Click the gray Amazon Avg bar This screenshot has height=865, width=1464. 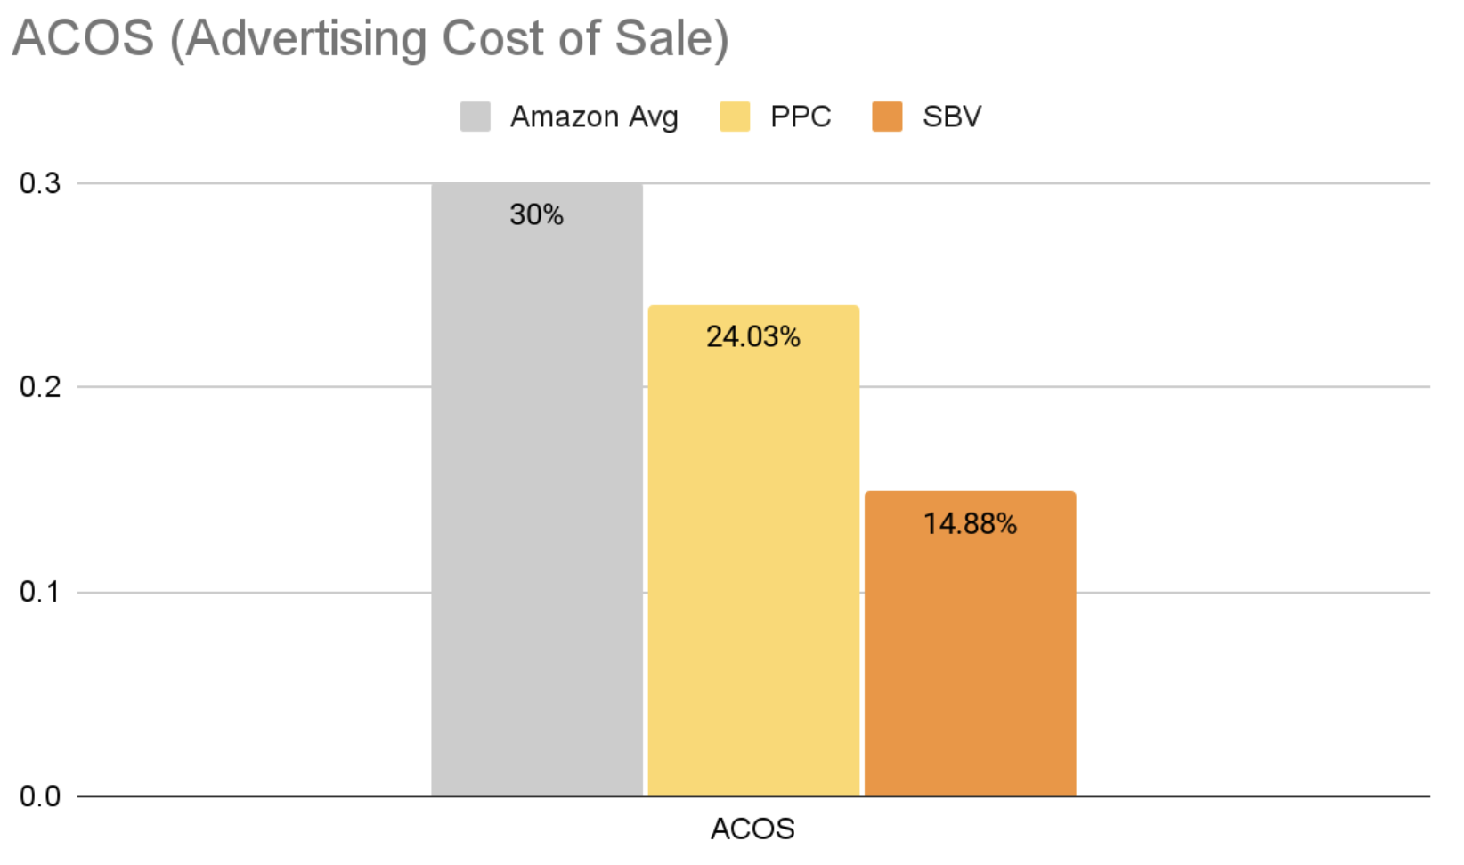[x=536, y=498]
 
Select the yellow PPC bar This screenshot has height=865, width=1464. [x=753, y=561]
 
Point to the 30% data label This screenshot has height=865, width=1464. [x=536, y=214]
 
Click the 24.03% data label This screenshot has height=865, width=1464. [x=753, y=336]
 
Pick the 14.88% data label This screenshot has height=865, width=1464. [x=970, y=523]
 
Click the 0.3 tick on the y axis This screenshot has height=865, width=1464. [x=40, y=183]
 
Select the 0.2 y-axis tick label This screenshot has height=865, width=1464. [x=40, y=387]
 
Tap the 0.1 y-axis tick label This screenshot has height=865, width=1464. [x=40, y=592]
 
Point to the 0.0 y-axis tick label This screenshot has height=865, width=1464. [x=40, y=796]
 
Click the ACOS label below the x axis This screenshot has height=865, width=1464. [x=752, y=829]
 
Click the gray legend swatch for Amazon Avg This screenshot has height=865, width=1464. [x=476, y=117]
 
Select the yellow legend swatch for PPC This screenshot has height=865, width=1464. [x=735, y=117]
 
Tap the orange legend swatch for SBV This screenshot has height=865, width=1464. [x=887, y=117]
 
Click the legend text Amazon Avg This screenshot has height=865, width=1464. [x=594, y=117]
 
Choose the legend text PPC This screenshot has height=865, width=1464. [x=801, y=117]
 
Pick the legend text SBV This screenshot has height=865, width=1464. [x=952, y=117]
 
